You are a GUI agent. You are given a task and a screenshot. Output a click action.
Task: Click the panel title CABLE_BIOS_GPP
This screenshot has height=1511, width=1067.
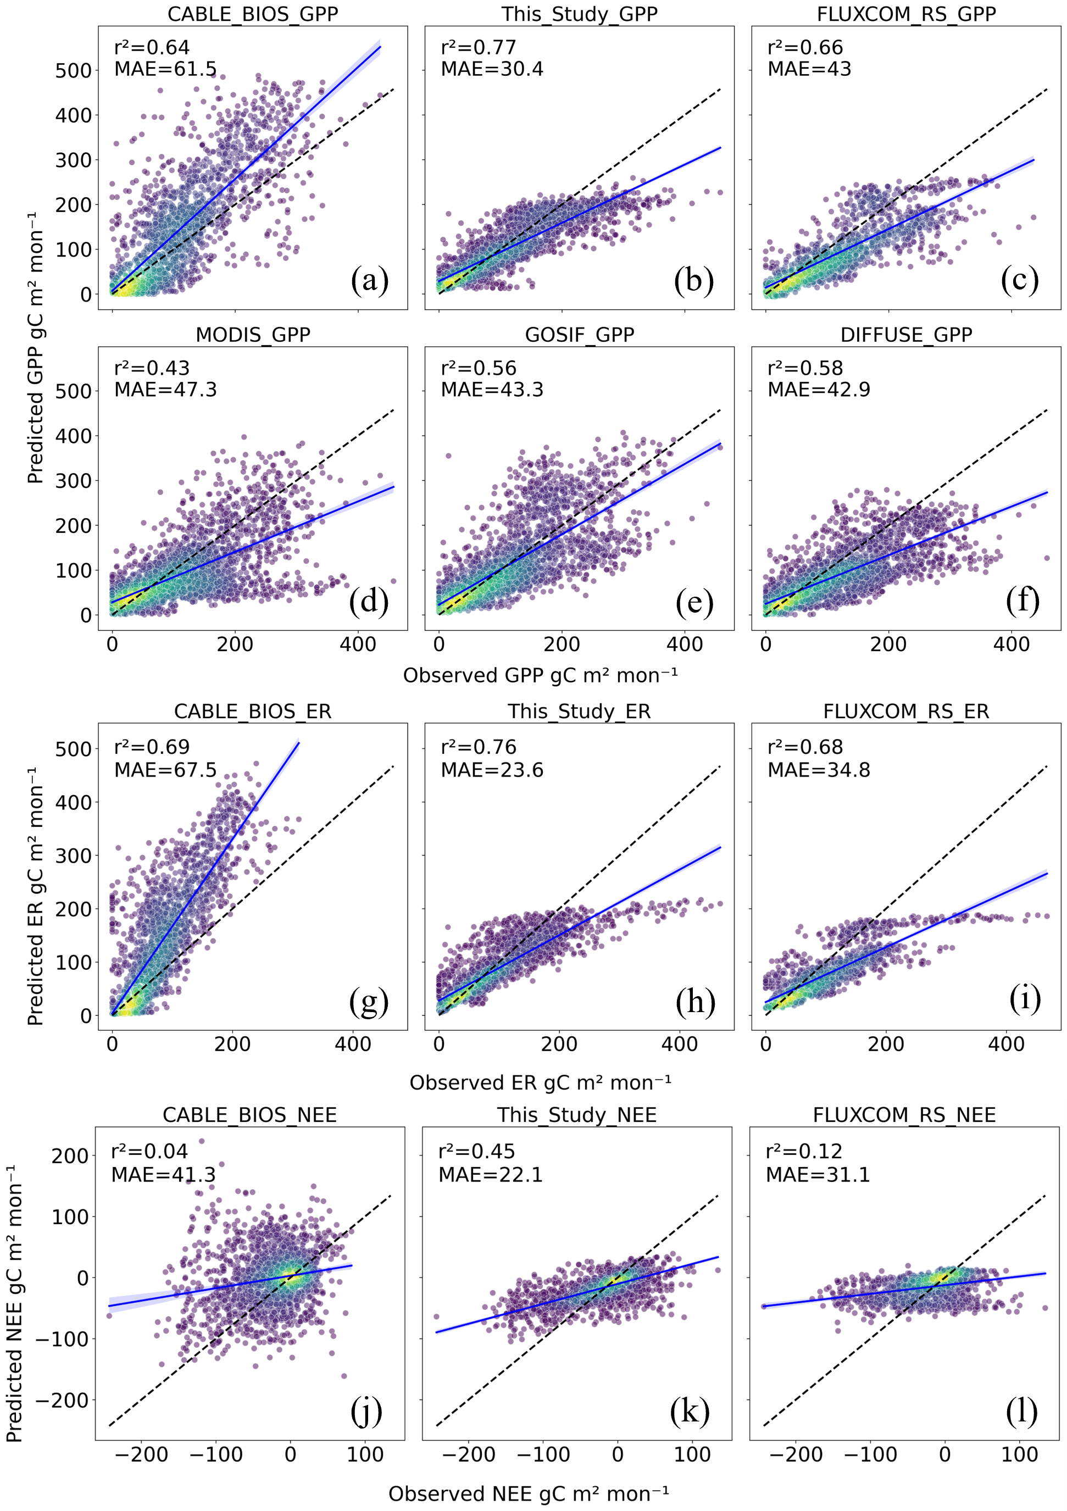tap(253, 14)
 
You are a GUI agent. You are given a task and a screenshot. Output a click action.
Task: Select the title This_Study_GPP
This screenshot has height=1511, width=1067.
tap(579, 14)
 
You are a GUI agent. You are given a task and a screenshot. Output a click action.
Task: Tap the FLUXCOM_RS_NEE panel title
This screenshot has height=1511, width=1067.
tap(904, 1115)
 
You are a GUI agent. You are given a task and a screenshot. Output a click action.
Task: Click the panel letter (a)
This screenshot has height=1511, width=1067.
tap(369, 280)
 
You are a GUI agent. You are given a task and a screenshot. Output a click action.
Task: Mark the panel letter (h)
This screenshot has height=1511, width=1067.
tap(695, 1002)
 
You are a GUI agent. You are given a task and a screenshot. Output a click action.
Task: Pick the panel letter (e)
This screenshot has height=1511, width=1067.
tap(694, 602)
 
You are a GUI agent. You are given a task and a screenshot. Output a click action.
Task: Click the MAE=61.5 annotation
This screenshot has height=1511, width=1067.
tap(165, 69)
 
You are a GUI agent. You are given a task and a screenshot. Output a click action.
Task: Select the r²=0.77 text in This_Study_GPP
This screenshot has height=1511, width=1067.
tap(479, 47)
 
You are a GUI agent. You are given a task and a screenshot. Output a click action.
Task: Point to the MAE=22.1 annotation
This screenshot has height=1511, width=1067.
tap(491, 1175)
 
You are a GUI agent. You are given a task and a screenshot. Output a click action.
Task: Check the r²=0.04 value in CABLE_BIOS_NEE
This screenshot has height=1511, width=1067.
tap(149, 1151)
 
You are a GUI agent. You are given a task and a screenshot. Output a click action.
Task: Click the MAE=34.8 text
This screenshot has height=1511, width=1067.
tap(818, 769)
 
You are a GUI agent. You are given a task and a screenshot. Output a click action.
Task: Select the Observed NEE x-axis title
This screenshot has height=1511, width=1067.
tap(529, 1494)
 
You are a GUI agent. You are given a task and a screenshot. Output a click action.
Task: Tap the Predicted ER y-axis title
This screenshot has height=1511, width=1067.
tap(35, 896)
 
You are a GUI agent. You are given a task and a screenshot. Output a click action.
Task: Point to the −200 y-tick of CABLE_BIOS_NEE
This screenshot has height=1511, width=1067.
tap(63, 1401)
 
